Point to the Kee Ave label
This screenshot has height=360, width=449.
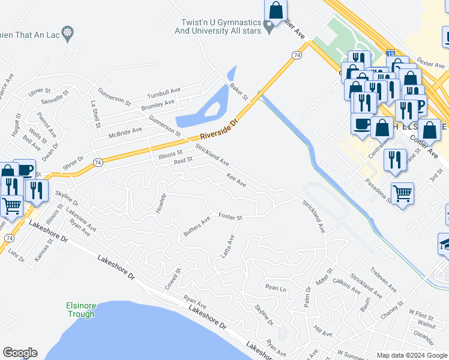tap(236, 179)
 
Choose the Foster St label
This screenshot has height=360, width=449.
tap(230, 216)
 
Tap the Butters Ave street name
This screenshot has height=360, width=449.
tap(197, 225)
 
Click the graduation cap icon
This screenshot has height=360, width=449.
tap(445, 243)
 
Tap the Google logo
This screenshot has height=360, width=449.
tap(20, 353)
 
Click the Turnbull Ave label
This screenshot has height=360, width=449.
tap(164, 92)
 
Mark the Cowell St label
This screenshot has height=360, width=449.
tap(174, 280)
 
